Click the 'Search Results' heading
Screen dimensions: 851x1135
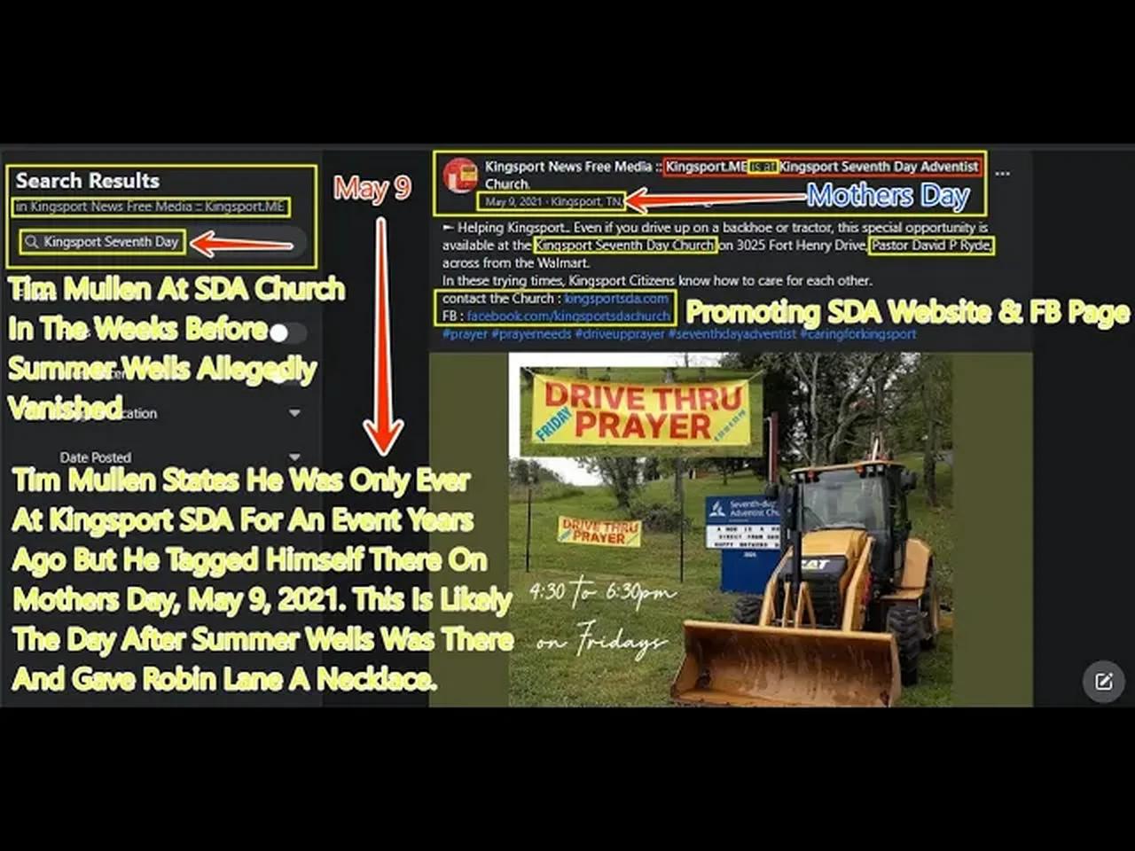(87, 181)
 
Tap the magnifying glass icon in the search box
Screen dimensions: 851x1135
(32, 242)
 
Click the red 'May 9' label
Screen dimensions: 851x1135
(372, 188)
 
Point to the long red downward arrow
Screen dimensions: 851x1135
(382, 337)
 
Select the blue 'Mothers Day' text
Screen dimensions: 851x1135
(887, 195)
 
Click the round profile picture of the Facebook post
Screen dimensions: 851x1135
(460, 176)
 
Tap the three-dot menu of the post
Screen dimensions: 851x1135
(1002, 174)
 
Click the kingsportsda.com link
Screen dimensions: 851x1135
(616, 299)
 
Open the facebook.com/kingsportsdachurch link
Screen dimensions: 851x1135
(568, 316)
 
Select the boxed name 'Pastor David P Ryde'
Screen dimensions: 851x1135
(931, 246)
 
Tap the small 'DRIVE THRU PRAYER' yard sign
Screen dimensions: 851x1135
(599, 530)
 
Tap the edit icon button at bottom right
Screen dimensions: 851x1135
(1103, 681)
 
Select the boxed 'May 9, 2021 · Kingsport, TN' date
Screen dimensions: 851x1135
(552, 202)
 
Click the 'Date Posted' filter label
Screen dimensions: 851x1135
(96, 457)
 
